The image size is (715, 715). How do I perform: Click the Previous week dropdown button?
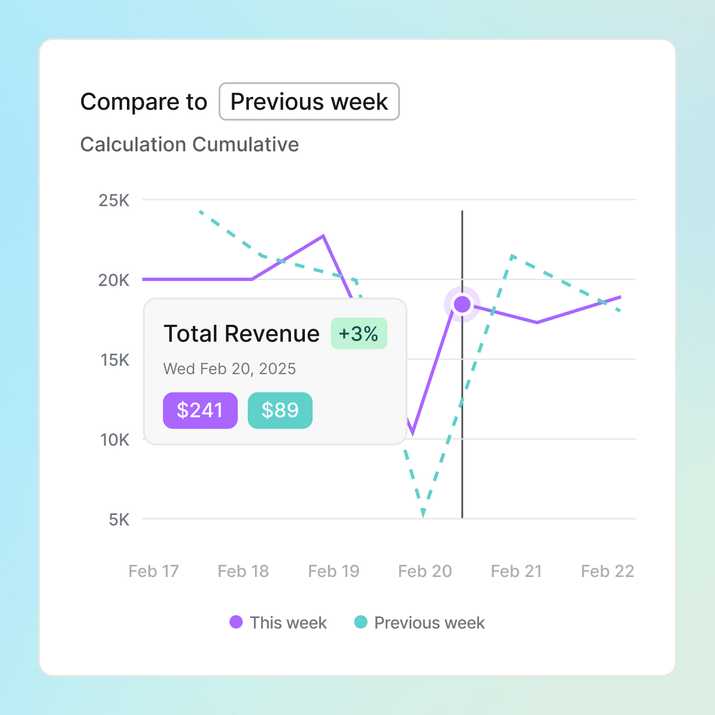[309, 101]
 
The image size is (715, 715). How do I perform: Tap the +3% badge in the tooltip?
[359, 334]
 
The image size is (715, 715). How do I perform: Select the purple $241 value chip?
[200, 410]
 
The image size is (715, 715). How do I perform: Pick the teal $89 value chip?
[280, 410]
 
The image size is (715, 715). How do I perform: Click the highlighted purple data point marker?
[462, 304]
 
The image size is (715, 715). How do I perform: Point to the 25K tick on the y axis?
[114, 200]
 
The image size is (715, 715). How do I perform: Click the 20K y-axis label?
[114, 280]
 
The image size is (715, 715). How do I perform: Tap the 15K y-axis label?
[115, 360]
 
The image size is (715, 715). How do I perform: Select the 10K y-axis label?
[115, 440]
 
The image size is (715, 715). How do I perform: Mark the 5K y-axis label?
[119, 519]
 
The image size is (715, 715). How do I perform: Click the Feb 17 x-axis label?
[154, 571]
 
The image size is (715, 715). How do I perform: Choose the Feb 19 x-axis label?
[334, 571]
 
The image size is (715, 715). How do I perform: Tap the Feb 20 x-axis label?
[425, 571]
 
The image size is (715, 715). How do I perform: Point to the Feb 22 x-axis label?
[607, 571]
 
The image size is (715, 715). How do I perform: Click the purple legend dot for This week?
[236, 622]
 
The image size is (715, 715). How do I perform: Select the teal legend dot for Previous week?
[361, 622]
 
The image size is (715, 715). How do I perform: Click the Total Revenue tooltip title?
[242, 334]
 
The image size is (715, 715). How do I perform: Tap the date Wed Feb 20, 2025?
[229, 369]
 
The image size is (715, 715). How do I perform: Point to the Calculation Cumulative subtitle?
[190, 144]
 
